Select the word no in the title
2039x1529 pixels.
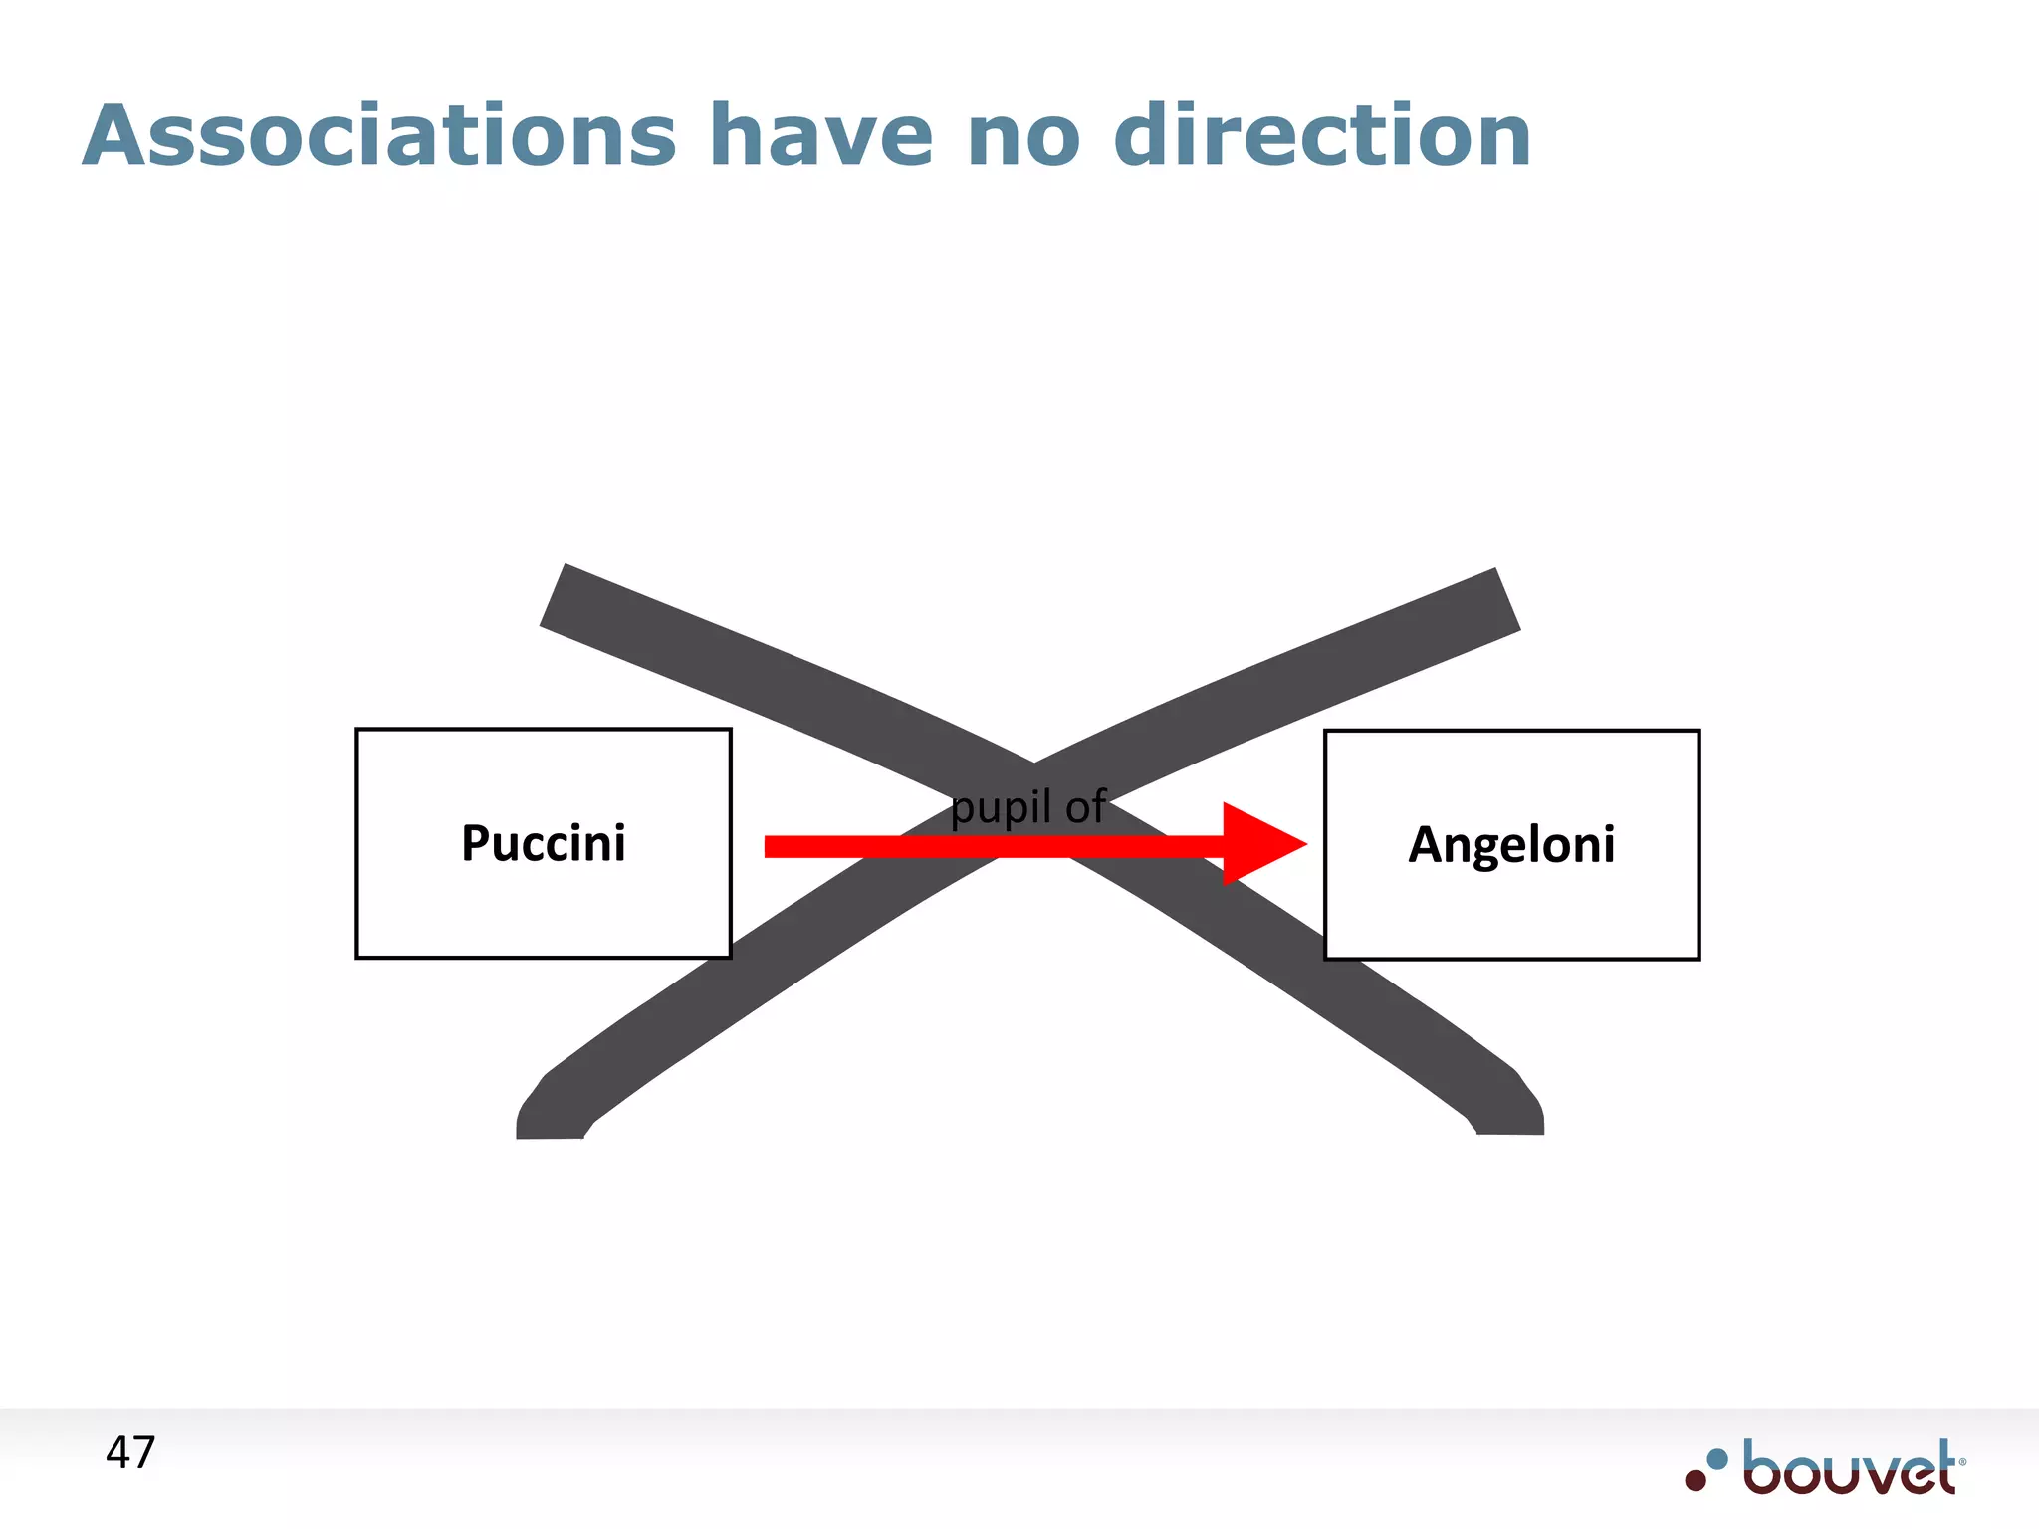tap(1023, 137)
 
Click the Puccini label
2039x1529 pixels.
tap(544, 843)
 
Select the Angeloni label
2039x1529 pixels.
tap(1511, 845)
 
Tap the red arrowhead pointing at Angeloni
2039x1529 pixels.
tap(1260, 844)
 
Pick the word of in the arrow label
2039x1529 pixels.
tap(1085, 806)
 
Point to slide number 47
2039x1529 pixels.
tap(130, 1453)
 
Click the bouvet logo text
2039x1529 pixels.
tap(1850, 1468)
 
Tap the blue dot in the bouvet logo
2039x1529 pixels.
tap(1717, 1459)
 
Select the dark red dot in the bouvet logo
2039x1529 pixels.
tap(1696, 1480)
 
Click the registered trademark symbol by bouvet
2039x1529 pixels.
tap(1962, 1462)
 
